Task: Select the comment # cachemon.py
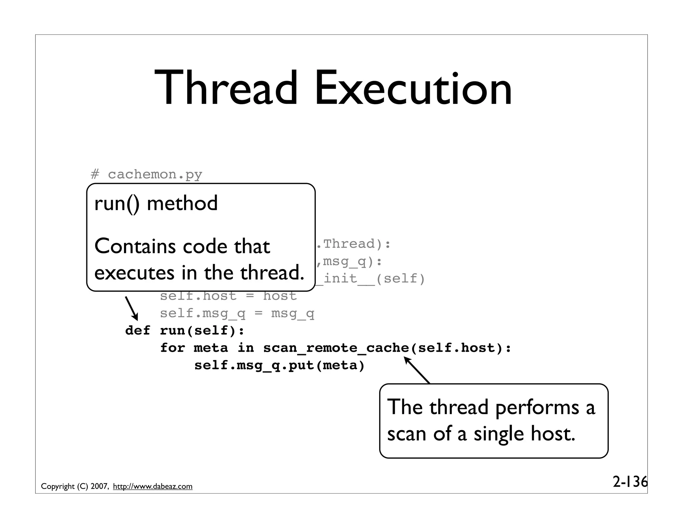pyautogui.click(x=146, y=175)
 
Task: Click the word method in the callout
pyautogui.click(x=182, y=203)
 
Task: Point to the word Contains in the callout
pyautogui.click(x=135, y=246)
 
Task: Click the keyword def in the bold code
pyautogui.click(x=137, y=331)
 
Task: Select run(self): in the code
pyautogui.click(x=202, y=331)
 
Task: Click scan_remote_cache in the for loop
pyautogui.click(x=336, y=348)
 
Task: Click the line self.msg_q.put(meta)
pyautogui.click(x=279, y=365)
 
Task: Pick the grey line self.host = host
pyautogui.click(x=228, y=296)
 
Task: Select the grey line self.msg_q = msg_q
pyautogui.click(x=237, y=313)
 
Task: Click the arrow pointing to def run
pyautogui.click(x=132, y=308)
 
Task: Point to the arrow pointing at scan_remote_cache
pyautogui.click(x=417, y=370)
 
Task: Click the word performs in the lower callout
pyautogui.click(x=537, y=408)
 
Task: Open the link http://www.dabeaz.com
pyautogui.click(x=153, y=487)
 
